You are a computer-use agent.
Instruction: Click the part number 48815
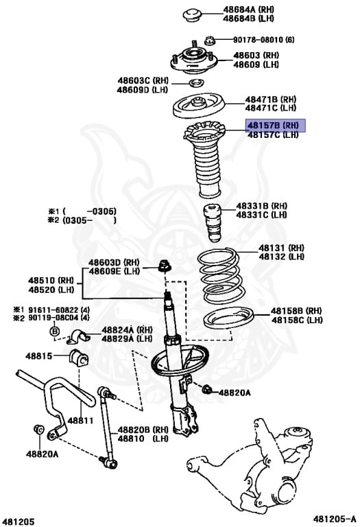click(39, 356)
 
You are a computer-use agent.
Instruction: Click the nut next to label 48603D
click(165, 265)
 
